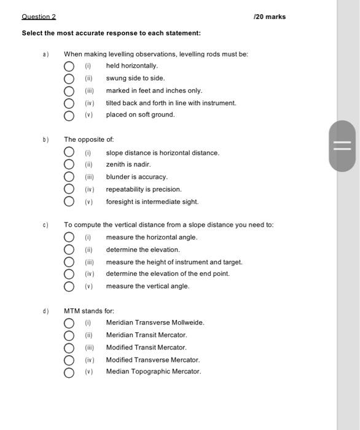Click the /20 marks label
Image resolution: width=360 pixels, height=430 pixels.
pos(270,17)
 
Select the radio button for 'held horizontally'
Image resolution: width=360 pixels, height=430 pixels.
pos(69,66)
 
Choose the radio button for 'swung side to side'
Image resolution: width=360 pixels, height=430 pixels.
pos(69,79)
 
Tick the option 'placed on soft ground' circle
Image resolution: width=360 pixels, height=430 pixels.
pos(69,115)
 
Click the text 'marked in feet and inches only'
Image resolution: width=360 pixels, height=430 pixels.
pos(154,90)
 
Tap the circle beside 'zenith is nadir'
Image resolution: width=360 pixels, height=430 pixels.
pos(69,165)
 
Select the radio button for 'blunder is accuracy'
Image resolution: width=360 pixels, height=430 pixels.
pos(69,177)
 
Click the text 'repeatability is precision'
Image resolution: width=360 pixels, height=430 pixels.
pos(144,189)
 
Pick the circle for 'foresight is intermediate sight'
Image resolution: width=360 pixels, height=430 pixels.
pos(69,201)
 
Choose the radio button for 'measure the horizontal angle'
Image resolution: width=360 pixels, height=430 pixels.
pos(69,238)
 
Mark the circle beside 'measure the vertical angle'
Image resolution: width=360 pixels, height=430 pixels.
pos(69,286)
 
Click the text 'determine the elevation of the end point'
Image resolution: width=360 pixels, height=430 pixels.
pos(168,274)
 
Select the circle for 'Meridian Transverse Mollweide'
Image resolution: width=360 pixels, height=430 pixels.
pos(69,322)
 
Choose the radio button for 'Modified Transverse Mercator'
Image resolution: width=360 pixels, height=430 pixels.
pos(69,359)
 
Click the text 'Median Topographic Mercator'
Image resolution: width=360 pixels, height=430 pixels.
pos(153,372)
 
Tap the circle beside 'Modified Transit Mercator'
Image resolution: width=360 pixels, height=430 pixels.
pos(69,347)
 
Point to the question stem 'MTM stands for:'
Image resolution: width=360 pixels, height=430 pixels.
pos(89,311)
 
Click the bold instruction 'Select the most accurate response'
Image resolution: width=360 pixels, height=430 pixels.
pos(111,33)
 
